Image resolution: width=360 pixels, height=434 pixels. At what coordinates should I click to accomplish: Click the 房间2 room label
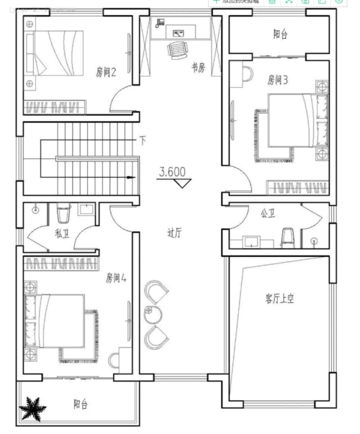[106, 72]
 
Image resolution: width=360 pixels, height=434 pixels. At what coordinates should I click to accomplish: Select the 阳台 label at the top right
[280, 34]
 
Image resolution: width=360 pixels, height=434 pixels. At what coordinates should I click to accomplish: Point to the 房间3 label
[278, 80]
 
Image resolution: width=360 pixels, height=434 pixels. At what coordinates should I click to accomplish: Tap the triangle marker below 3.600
[183, 184]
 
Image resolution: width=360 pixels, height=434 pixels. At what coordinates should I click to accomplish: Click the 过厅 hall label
[175, 232]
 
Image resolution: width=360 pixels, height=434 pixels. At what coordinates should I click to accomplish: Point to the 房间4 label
[116, 277]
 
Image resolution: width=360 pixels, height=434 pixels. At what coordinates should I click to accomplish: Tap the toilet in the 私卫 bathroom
[62, 213]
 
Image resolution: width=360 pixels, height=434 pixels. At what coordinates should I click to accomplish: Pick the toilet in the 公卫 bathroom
[289, 237]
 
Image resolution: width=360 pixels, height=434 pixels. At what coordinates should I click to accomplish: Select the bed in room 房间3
[288, 127]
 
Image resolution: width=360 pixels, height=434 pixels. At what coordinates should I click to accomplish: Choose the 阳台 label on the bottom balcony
[81, 405]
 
